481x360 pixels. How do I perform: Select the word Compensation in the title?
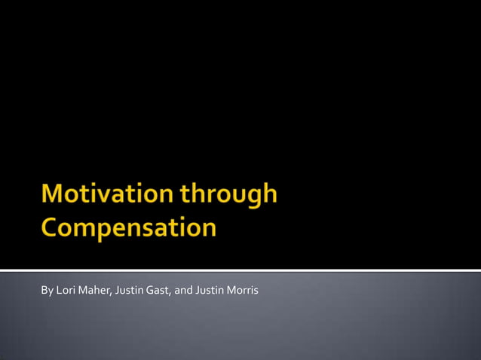(129, 227)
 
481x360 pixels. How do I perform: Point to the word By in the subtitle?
(47, 291)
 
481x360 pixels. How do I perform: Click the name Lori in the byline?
(66, 291)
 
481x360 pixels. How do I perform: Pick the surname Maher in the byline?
(96, 291)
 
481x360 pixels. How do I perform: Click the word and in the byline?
(183, 291)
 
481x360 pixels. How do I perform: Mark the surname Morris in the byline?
(244, 291)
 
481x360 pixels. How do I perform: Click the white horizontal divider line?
(240, 270)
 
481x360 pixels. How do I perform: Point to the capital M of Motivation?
(54, 194)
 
